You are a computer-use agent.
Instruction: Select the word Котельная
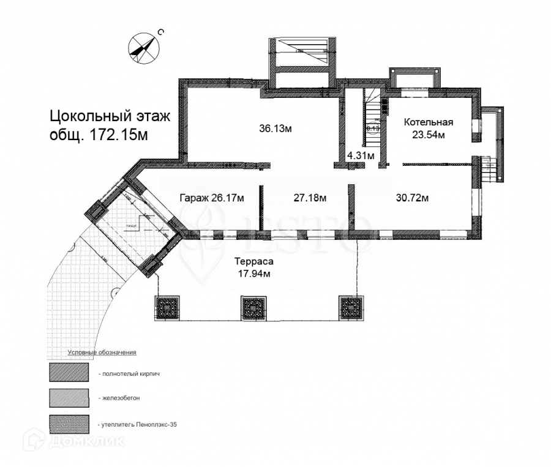coord(428,122)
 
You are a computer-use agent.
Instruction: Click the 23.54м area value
coord(428,135)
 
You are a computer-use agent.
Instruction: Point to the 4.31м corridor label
coord(360,155)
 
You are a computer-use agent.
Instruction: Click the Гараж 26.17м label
coord(212,198)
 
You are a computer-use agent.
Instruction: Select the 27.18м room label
coord(310,198)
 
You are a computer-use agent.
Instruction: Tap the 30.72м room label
coord(411,198)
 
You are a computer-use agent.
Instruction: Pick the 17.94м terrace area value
coord(253,274)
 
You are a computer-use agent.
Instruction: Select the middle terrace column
coord(253,308)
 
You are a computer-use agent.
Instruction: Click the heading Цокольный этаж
coord(109,116)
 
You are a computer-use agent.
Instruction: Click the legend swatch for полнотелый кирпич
coord(69,373)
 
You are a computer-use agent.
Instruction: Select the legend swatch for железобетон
coord(69,398)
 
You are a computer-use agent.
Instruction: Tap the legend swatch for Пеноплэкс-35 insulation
coord(69,424)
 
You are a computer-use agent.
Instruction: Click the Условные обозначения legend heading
coord(101,353)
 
